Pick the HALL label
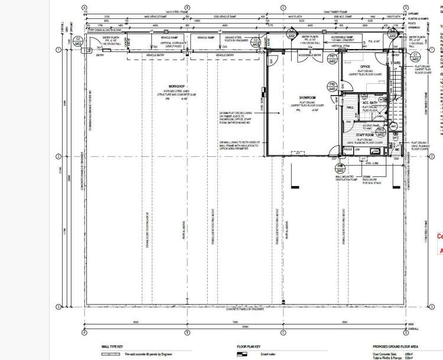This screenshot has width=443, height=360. [350, 107]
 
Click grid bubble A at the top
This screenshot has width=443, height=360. [84, 8]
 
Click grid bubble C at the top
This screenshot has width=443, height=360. [283, 8]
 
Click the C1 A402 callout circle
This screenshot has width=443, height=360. [415, 57]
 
